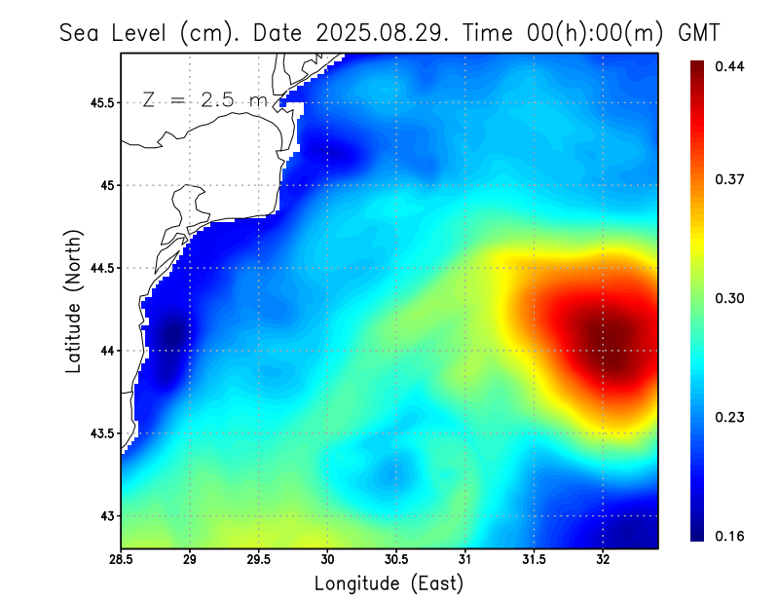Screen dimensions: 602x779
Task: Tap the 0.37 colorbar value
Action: tap(729, 179)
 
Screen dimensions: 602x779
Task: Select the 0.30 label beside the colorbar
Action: tap(729, 298)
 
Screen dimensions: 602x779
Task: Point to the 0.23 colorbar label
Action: tap(729, 417)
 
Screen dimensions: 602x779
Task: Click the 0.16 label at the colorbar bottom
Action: tap(729, 536)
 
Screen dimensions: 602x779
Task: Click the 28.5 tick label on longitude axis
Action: tap(121, 560)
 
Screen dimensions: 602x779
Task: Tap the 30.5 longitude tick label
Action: tap(396, 560)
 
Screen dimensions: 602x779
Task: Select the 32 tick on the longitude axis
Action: tap(603, 560)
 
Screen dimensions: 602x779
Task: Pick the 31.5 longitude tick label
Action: tap(534, 560)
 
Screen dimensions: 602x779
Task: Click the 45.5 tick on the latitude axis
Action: tap(100, 102)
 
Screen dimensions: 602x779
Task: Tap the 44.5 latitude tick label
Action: tap(100, 268)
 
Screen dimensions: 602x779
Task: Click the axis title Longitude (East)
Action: tap(389, 583)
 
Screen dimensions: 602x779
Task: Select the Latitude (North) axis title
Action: tap(74, 300)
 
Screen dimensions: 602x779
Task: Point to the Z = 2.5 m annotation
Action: tap(204, 100)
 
